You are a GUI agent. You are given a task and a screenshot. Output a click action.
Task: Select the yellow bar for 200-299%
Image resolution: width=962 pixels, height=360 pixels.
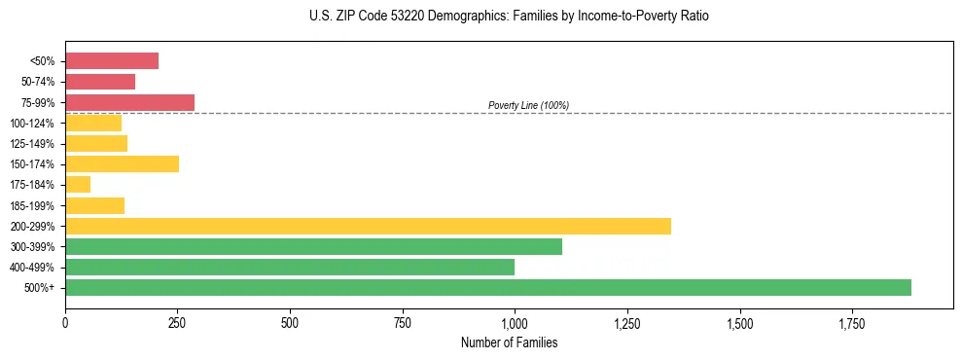pyautogui.click(x=368, y=226)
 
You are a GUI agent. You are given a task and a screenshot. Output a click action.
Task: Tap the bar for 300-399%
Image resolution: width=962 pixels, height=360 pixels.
pyautogui.click(x=313, y=246)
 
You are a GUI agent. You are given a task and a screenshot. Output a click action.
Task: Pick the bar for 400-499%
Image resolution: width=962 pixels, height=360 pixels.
pyautogui.click(x=290, y=267)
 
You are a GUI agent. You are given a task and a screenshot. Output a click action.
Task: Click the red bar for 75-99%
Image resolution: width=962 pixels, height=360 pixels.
pyautogui.click(x=129, y=102)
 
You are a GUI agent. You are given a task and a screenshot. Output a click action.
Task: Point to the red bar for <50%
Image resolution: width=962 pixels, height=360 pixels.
pyautogui.click(x=112, y=61)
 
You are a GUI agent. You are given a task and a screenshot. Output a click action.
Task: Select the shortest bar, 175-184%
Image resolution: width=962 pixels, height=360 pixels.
pyautogui.click(x=78, y=184)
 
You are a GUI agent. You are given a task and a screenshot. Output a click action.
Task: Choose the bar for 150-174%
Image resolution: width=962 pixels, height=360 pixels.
pyautogui.click(x=122, y=163)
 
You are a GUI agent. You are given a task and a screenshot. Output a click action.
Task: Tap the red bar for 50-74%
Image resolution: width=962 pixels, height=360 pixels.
pyautogui.click(x=100, y=82)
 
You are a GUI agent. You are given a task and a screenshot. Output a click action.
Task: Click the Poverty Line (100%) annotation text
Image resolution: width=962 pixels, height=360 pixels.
pyautogui.click(x=528, y=105)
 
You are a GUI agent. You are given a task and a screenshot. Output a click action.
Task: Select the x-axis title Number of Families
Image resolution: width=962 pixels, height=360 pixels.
pyautogui.click(x=509, y=342)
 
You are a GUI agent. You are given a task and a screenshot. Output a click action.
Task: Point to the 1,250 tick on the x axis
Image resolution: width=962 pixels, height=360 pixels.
pyautogui.click(x=626, y=322)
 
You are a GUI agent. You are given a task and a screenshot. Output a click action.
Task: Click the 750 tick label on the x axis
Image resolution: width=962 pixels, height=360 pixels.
pyautogui.click(x=402, y=322)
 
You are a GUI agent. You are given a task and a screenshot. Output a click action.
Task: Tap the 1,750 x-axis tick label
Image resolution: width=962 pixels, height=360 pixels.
pyautogui.click(x=851, y=322)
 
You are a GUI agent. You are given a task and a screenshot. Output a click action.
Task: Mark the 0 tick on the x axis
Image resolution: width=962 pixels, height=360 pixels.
pyautogui.click(x=65, y=322)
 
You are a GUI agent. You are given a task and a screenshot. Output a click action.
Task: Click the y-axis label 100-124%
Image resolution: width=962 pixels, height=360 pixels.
pyautogui.click(x=32, y=124)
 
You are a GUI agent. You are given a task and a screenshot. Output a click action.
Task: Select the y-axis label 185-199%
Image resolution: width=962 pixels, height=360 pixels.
pyautogui.click(x=32, y=205)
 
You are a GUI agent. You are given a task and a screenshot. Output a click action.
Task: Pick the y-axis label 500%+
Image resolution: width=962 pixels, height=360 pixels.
pyautogui.click(x=40, y=288)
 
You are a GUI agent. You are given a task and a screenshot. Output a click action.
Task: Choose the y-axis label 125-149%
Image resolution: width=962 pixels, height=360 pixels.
pyautogui.click(x=32, y=144)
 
